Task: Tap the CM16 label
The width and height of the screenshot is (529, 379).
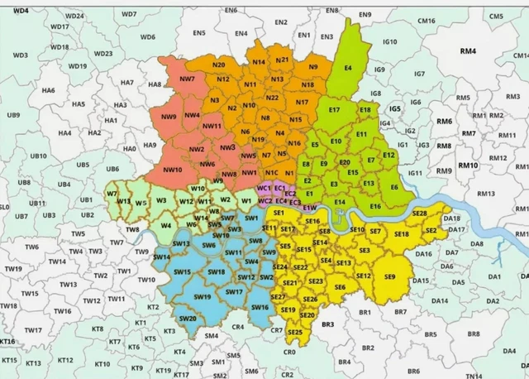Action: (x=427, y=21)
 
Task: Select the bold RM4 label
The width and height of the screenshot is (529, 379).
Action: (x=469, y=51)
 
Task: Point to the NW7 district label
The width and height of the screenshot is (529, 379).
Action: (x=187, y=79)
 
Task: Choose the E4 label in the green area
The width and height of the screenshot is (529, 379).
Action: (x=348, y=68)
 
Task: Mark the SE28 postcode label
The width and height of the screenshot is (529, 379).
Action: (x=419, y=213)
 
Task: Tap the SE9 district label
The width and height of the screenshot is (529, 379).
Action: (x=389, y=276)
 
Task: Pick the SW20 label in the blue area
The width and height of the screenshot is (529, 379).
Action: (x=188, y=319)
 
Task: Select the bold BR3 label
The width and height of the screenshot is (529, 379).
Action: (x=328, y=325)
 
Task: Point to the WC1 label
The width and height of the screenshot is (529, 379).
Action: (x=264, y=189)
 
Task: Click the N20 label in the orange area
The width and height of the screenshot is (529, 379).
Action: (x=218, y=65)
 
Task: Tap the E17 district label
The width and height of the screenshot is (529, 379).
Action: (x=335, y=110)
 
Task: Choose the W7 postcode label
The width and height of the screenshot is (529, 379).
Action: (x=112, y=194)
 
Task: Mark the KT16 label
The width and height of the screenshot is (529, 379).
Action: (x=7, y=341)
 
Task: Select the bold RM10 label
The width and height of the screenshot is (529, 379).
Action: (x=469, y=166)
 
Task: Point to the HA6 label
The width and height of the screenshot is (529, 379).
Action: (x=48, y=90)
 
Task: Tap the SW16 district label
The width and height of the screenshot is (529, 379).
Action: (x=260, y=307)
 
